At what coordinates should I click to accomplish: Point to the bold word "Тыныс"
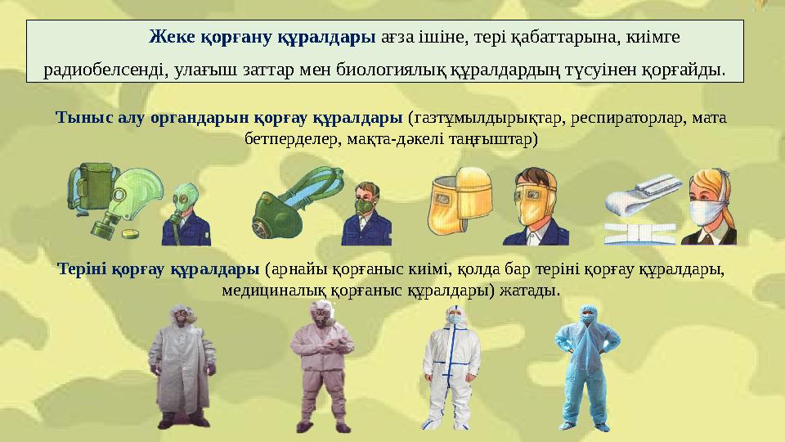(x=79, y=117)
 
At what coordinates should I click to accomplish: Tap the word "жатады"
(x=533, y=291)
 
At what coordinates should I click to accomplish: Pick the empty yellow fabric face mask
(x=457, y=196)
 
